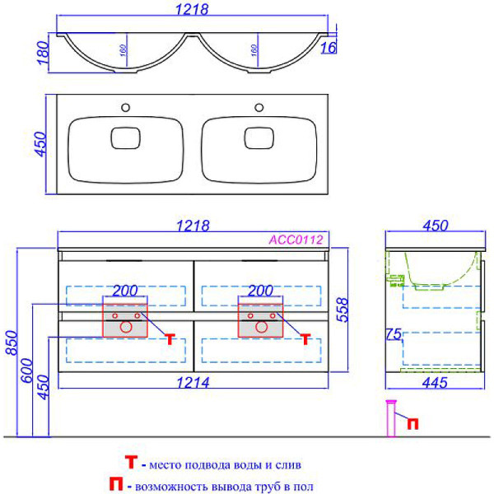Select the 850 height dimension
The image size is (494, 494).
pyautogui.click(x=11, y=360)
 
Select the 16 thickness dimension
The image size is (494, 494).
pyautogui.click(x=328, y=49)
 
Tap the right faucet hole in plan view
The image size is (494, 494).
pyautogui.click(x=259, y=106)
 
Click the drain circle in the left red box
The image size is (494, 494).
pyautogui.click(x=125, y=327)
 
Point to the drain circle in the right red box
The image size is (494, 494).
pyautogui.click(x=261, y=327)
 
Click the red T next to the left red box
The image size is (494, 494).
pyautogui.click(x=170, y=338)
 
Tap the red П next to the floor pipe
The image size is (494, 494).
pyautogui.click(x=413, y=423)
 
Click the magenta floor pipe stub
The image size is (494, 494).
pyautogui.click(x=392, y=418)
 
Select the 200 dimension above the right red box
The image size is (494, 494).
pyautogui.click(x=260, y=291)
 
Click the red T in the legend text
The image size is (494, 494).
pyautogui.click(x=130, y=462)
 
